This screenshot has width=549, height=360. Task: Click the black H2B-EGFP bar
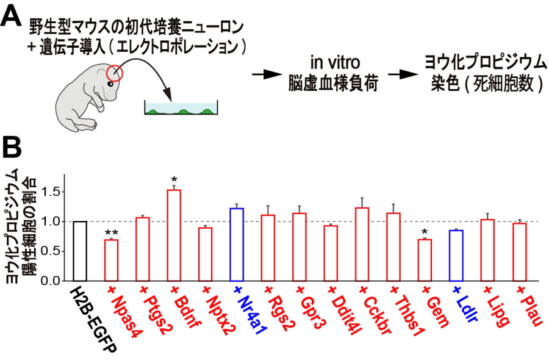80,251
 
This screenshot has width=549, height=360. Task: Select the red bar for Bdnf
174,235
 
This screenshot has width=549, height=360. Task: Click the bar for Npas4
112,260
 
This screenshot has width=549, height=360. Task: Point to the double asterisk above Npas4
112,233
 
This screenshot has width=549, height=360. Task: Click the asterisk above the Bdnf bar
174,180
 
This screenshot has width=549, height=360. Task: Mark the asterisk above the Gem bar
424,232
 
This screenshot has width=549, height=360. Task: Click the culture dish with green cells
181,109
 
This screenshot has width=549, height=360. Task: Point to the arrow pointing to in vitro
264,74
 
